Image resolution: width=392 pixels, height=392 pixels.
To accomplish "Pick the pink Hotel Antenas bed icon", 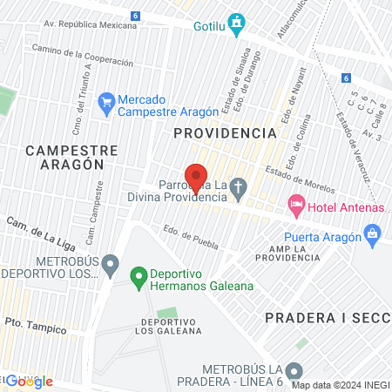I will click(x=297, y=206).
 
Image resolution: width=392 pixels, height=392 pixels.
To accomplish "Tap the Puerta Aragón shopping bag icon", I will click(x=373, y=233).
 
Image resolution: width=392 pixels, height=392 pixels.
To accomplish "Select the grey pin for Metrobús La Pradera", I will click(x=295, y=369).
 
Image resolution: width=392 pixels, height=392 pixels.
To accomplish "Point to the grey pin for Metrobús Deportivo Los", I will click(x=110, y=262).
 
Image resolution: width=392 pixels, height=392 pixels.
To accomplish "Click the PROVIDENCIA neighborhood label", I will click(x=225, y=133).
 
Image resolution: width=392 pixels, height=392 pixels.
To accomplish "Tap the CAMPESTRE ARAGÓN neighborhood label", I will click(x=64, y=157).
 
